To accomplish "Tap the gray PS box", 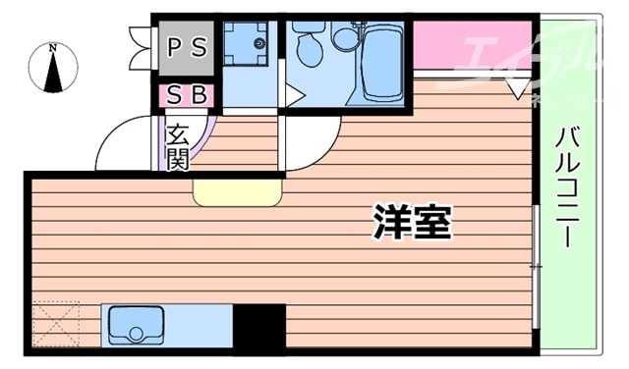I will coord(186,47).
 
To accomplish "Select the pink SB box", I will coord(186,95).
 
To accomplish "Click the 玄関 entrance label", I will coord(178,144).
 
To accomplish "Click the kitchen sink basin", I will coord(136,325).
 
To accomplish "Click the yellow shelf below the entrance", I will coord(236,191).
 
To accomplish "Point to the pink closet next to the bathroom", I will coord(472,45).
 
